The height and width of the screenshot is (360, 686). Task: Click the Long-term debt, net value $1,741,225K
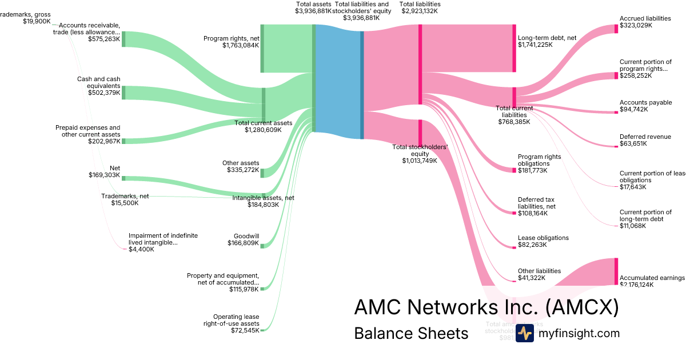click(535, 45)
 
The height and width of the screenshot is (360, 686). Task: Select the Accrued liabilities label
click(645, 18)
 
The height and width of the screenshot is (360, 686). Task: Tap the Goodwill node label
click(246, 236)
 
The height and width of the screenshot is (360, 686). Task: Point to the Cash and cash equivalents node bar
click(123, 93)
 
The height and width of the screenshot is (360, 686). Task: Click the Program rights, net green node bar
click(262, 49)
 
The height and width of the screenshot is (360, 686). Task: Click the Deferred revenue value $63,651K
click(633, 144)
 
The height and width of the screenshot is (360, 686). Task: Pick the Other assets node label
click(241, 163)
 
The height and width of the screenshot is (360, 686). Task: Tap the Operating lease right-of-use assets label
click(236, 320)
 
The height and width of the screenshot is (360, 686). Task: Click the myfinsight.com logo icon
click(525, 333)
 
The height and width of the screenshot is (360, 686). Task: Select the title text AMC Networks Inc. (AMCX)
click(486, 307)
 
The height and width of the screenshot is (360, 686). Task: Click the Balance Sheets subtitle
click(411, 333)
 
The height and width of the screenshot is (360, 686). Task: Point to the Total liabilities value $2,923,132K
click(420, 11)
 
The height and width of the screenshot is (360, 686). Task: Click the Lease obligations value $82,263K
click(532, 245)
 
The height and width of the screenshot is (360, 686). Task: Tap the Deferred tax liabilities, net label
click(536, 203)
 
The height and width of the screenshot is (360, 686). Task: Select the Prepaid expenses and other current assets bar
click(123, 141)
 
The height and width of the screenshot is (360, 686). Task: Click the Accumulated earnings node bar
click(616, 271)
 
